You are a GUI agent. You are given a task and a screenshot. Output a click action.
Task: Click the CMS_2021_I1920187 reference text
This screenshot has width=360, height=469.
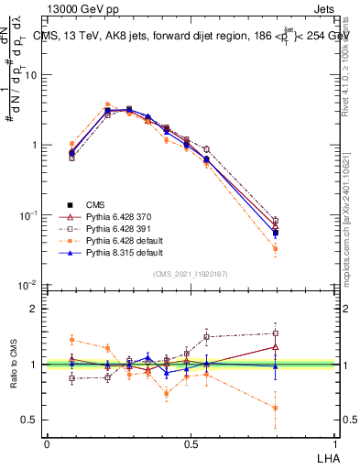point(191,273)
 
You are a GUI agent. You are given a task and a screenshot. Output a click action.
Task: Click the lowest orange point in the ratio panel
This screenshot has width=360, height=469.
point(276,408)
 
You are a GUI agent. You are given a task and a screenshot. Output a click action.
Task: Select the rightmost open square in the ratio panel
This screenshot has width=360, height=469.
point(276,333)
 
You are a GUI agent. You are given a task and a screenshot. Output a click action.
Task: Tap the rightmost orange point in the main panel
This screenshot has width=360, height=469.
point(276,249)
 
